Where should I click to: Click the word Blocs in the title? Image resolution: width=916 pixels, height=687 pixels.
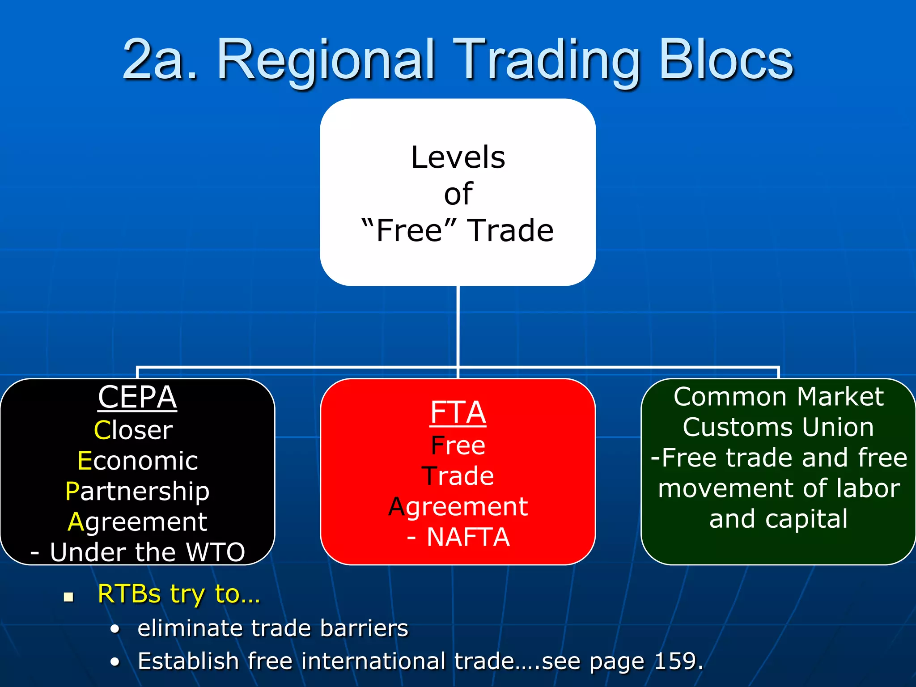pyautogui.click(x=725, y=60)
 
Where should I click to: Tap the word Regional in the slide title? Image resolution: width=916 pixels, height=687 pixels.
pyautogui.click(x=326, y=60)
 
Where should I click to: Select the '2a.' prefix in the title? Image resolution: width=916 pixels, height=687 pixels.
pyautogui.click(x=160, y=60)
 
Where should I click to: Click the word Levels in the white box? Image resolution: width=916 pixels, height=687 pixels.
pyautogui.click(x=458, y=157)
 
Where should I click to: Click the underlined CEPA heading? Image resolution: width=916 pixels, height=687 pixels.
pyautogui.click(x=137, y=397)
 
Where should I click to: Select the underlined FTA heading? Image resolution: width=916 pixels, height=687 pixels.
pyautogui.click(x=458, y=412)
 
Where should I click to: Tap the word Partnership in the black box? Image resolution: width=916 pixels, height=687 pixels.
pyautogui.click(x=137, y=491)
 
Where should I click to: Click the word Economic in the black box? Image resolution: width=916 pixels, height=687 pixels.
pyautogui.click(x=137, y=461)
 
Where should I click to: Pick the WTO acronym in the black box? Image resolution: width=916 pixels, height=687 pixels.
pyautogui.click(x=215, y=552)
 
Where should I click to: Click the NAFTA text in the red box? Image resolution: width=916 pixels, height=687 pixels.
pyautogui.click(x=468, y=537)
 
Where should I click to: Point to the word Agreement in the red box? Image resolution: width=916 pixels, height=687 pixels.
pyautogui.click(x=458, y=507)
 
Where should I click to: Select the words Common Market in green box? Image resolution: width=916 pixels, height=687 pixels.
pyautogui.click(x=778, y=397)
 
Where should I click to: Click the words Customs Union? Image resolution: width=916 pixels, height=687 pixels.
pyautogui.click(x=778, y=427)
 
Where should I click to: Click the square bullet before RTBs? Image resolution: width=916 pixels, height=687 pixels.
pyautogui.click(x=68, y=597)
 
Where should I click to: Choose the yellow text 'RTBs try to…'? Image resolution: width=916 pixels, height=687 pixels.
pyautogui.click(x=178, y=594)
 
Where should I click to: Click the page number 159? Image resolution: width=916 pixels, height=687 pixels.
pyautogui.click(x=675, y=661)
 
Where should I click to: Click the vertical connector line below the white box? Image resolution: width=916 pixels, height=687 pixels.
pyautogui.click(x=458, y=327)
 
